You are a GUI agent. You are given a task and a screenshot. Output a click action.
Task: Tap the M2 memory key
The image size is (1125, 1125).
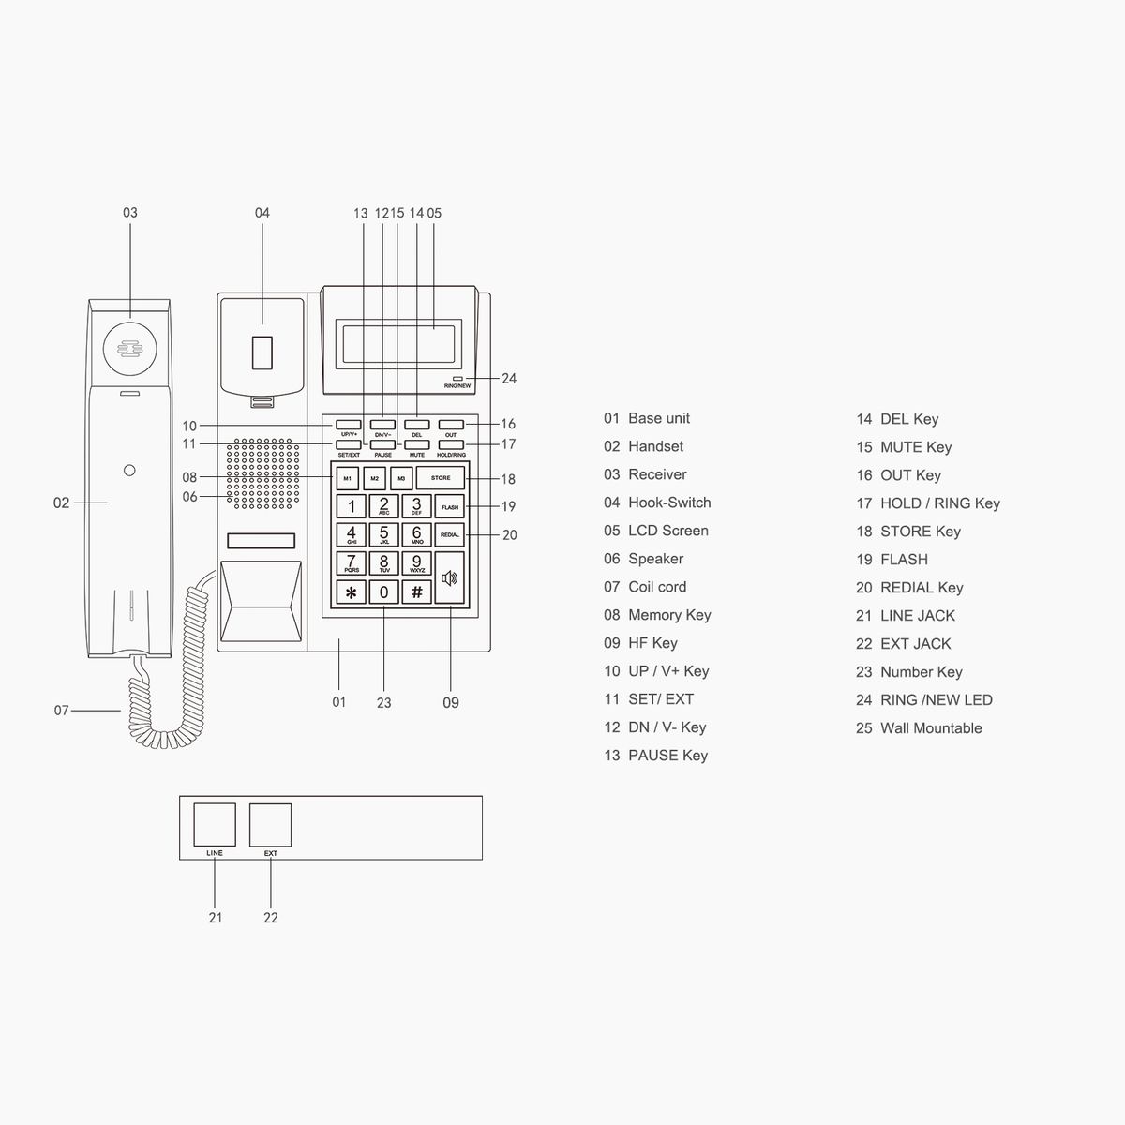374,478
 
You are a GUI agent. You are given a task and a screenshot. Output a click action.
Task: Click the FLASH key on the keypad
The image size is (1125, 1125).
450,507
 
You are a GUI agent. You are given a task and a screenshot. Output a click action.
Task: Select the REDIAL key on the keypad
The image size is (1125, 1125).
450,534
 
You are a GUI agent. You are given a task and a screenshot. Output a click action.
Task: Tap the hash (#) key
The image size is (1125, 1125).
416,592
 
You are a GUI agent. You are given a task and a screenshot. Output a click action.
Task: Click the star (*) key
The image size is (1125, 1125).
351,592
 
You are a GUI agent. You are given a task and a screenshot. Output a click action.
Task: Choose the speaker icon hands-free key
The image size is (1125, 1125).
450,578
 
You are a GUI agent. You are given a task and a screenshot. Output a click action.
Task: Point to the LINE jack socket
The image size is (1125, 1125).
215,824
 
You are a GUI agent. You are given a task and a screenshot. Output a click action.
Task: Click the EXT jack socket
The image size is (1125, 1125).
270,825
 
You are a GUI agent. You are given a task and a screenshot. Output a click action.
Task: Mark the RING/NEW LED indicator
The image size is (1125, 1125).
457,379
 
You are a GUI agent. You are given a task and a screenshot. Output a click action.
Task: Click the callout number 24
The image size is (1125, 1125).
509,379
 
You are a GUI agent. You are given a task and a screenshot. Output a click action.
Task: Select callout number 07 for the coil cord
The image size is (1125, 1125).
61,711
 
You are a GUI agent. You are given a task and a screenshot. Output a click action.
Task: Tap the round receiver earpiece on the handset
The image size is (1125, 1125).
130,349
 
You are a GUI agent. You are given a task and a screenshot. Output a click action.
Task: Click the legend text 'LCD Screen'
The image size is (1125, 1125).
668,531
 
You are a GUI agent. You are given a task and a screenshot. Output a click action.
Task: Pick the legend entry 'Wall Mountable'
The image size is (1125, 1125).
931,728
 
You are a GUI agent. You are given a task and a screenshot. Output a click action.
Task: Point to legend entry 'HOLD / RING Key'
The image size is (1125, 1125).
940,503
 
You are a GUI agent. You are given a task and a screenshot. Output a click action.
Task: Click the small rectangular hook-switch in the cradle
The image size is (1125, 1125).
262,352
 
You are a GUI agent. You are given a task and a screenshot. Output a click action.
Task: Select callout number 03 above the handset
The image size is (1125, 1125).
130,213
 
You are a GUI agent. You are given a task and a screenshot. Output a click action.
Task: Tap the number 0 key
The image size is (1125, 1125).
383,592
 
